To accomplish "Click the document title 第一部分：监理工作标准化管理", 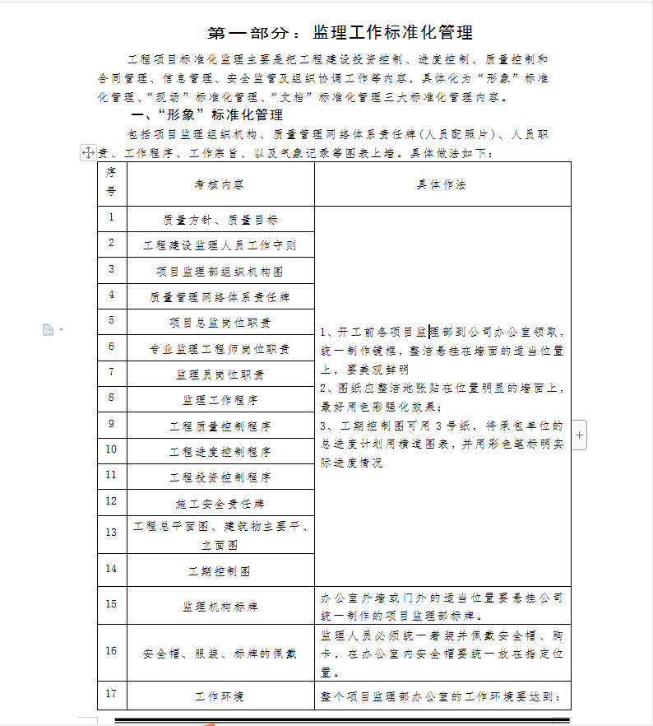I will pos(340,34).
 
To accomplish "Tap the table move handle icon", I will pos(88,152).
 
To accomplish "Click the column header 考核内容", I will pos(220,184).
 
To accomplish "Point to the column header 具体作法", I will pos(442,184).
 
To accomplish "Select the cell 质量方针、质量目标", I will pos(220,220).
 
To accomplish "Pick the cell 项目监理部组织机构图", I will pos(220,271).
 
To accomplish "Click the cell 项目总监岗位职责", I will pos(220,323).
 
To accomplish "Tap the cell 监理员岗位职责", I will pos(220,375).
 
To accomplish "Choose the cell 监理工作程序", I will pos(220,400).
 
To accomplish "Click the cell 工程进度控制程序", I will pos(220,452).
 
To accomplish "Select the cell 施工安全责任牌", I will pos(220,503).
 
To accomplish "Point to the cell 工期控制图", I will pos(220,570).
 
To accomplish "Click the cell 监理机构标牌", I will pos(220,607).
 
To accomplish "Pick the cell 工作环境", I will pos(220,696).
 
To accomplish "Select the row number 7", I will pos(112,371).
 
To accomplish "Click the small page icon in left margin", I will pos(49,330).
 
